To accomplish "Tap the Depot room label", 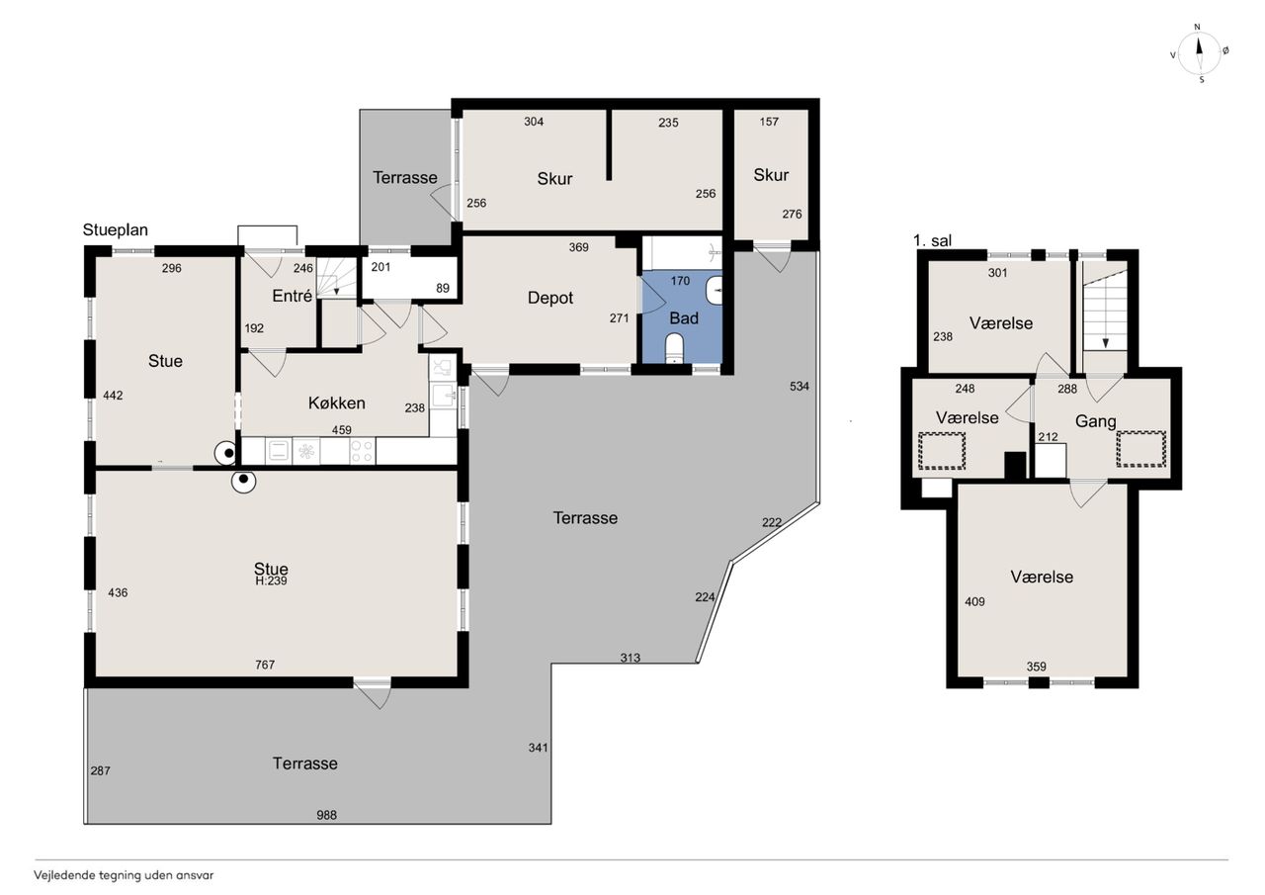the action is [550, 298].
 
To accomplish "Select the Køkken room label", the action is [337, 403].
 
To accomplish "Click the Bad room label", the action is [684, 318].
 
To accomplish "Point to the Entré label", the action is [292, 296].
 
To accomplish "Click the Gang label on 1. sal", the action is [1096, 421].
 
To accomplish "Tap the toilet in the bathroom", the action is [674, 347].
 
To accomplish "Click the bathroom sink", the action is [715, 291].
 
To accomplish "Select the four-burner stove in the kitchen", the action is [362, 451].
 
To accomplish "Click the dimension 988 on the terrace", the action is [326, 815].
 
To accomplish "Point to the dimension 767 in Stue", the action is [265, 665].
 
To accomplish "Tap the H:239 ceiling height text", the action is [271, 581].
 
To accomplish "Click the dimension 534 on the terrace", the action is [800, 387].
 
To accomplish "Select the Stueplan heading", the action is [116, 230].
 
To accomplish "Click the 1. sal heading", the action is [932, 240].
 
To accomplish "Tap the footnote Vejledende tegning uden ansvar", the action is [124, 875].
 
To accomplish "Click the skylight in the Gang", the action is [1141, 449].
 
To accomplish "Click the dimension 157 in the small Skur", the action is [769, 122].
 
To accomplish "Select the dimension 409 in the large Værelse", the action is [974, 601].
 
